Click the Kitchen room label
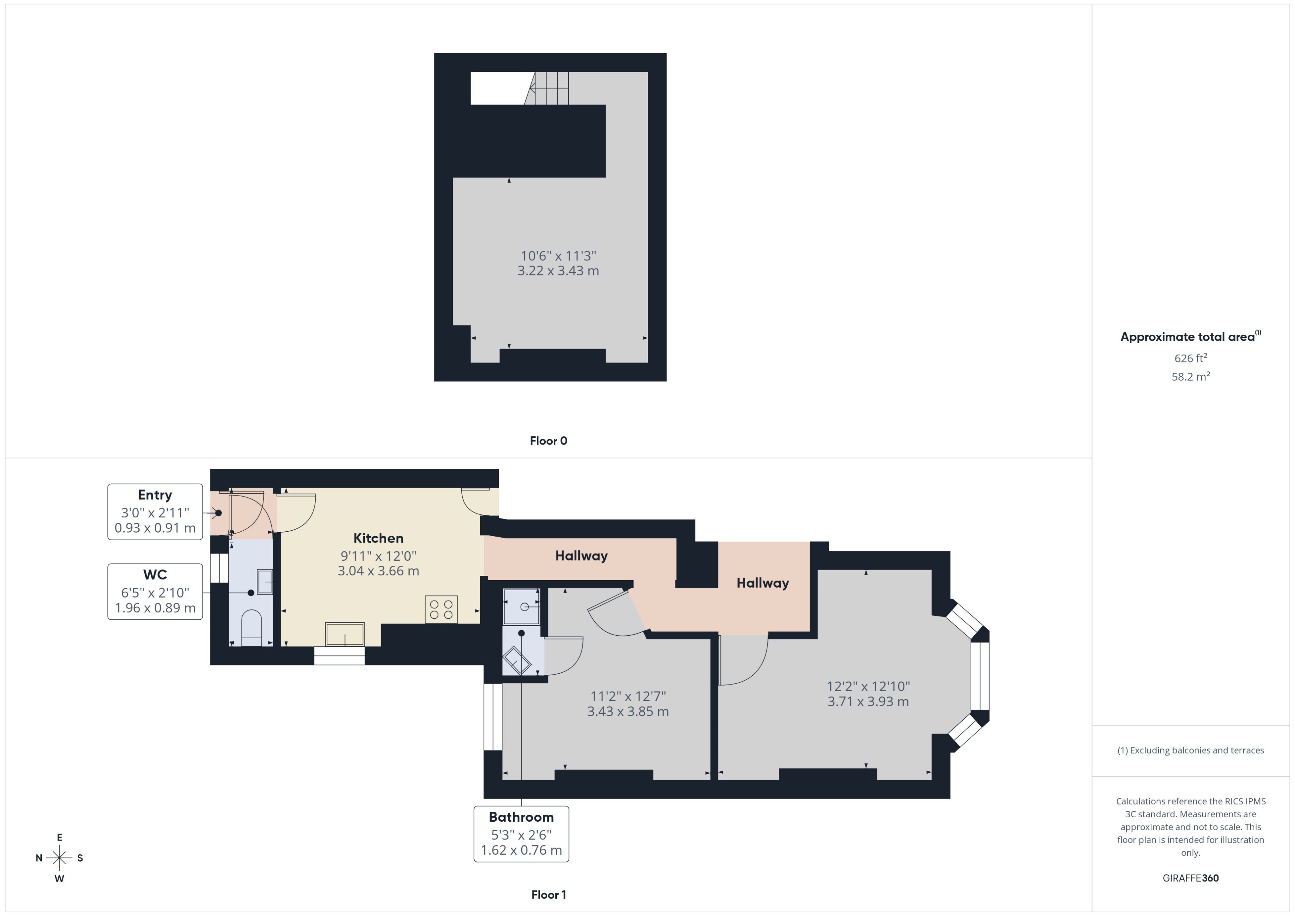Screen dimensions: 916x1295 378,538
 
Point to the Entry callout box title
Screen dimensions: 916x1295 155,495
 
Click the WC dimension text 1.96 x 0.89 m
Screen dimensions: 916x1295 155,608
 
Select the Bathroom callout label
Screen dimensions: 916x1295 521,817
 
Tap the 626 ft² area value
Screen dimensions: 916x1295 1190,358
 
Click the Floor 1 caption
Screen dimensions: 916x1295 548,895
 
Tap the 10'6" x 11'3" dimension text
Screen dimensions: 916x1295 558,256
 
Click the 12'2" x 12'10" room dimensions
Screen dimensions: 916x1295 868,686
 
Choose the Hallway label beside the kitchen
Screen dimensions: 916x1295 581,555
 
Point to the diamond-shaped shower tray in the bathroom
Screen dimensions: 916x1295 517,660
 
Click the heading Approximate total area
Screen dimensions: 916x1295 1187,337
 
